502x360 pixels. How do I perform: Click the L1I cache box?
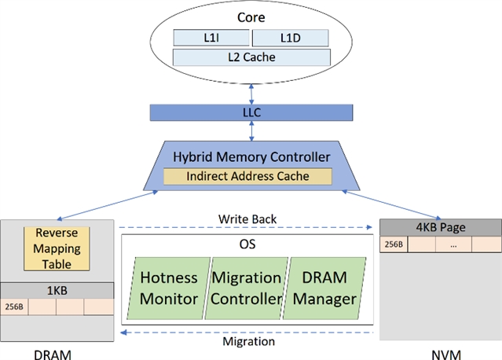(x=210, y=37)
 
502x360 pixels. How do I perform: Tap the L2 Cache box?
(x=250, y=57)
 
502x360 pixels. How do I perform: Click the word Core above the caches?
(x=251, y=17)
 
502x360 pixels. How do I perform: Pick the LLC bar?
(x=251, y=112)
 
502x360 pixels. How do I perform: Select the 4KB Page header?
(x=440, y=227)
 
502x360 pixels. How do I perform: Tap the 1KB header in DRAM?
(x=59, y=290)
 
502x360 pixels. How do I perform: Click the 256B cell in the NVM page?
(x=392, y=244)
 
